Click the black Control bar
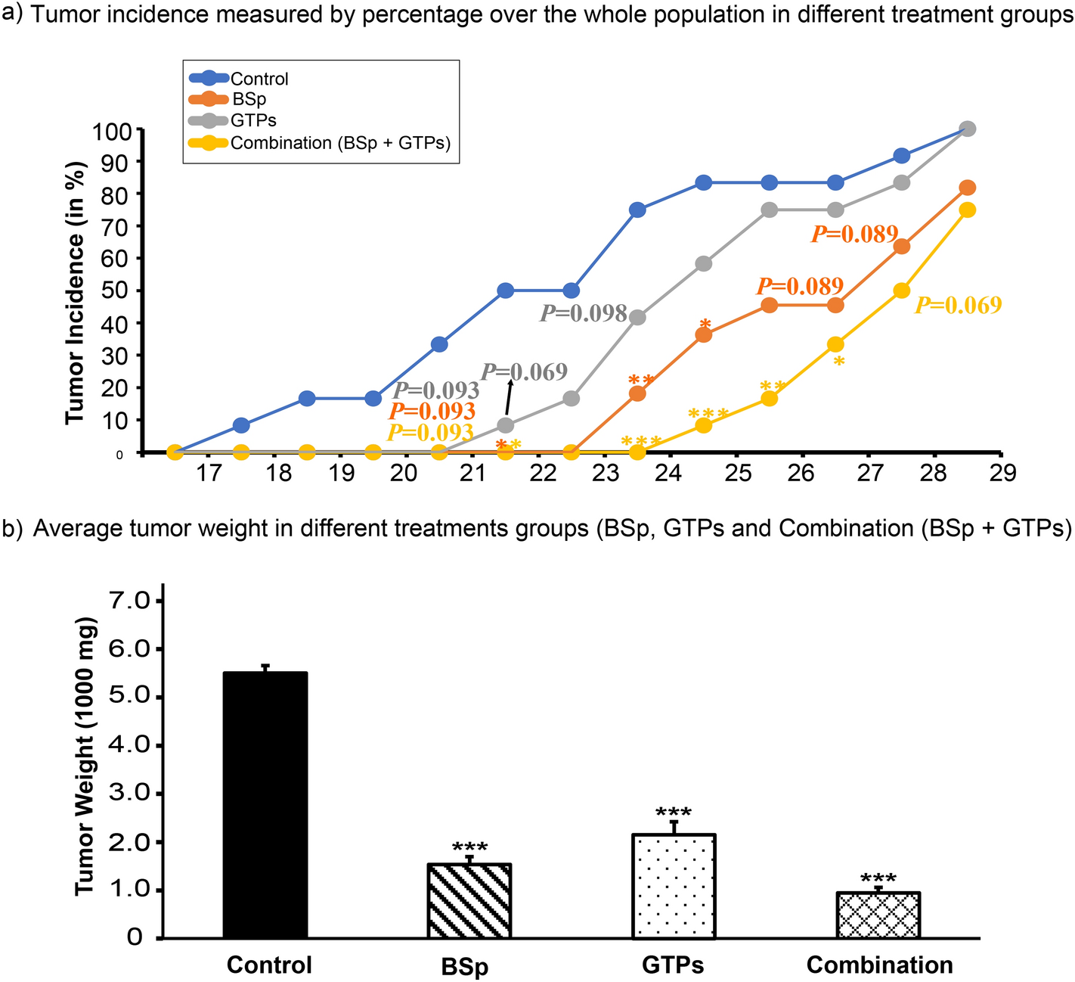click(x=265, y=805)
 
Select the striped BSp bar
click(x=469, y=901)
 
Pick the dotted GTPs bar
click(x=674, y=886)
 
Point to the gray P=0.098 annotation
click(x=583, y=313)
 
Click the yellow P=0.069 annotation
click(x=958, y=305)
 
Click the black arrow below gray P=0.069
click(x=508, y=396)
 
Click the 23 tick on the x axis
click(x=606, y=474)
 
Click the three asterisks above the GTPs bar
click(x=674, y=813)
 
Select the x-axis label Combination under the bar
click(x=879, y=965)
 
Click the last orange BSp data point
click(x=967, y=188)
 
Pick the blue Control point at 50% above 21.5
click(x=506, y=291)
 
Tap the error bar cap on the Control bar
click(x=265, y=666)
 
